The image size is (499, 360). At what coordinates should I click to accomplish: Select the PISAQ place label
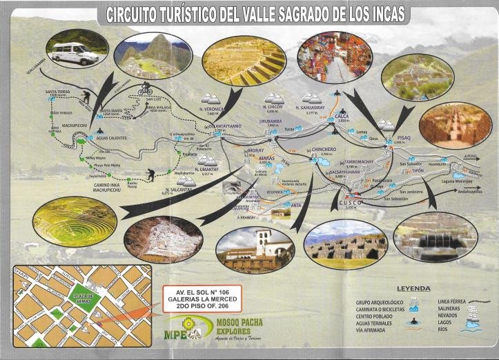point(404,138)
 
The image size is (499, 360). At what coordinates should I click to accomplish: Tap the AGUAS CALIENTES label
point(111,138)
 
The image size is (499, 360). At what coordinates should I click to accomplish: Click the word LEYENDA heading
point(413,288)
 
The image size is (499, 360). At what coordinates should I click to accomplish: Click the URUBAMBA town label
point(271,121)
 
